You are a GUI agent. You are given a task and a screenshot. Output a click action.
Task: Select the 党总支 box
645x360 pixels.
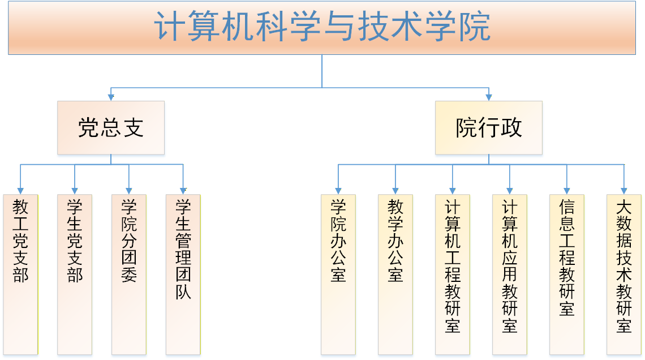tap(111, 128)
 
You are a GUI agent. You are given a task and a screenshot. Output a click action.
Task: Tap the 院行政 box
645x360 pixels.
tap(488, 128)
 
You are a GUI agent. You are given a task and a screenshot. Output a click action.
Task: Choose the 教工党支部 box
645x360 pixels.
tap(20, 275)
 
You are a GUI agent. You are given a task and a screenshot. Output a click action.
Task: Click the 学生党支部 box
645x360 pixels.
tap(75, 275)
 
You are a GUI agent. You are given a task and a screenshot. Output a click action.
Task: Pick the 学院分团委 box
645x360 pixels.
tap(129, 275)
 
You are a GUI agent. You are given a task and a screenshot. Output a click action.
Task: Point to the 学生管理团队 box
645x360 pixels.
tap(183, 275)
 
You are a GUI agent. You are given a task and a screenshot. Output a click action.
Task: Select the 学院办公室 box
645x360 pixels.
tap(338, 275)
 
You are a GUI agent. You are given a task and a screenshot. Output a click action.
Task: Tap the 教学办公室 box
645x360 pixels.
tap(395, 275)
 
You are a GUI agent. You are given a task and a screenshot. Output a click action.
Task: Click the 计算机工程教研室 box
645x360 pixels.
tap(453, 275)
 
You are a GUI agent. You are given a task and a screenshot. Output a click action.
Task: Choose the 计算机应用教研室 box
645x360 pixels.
tap(510, 275)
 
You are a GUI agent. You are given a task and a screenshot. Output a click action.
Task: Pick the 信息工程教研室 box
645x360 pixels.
tap(567, 275)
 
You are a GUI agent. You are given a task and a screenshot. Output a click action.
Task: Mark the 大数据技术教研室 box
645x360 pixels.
tap(624, 275)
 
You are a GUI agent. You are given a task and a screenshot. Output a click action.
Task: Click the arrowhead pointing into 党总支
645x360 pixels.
tap(111, 97)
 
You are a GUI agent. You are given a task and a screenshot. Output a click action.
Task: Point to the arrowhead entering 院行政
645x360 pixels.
tap(488, 97)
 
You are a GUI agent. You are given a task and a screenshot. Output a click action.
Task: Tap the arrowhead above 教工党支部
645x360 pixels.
tap(20, 191)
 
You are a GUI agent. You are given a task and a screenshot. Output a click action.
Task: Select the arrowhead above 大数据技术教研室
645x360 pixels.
tap(624, 191)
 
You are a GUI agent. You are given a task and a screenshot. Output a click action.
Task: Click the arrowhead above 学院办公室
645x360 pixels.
tap(338, 191)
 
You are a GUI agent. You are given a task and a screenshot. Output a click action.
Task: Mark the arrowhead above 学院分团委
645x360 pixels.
tap(129, 191)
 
